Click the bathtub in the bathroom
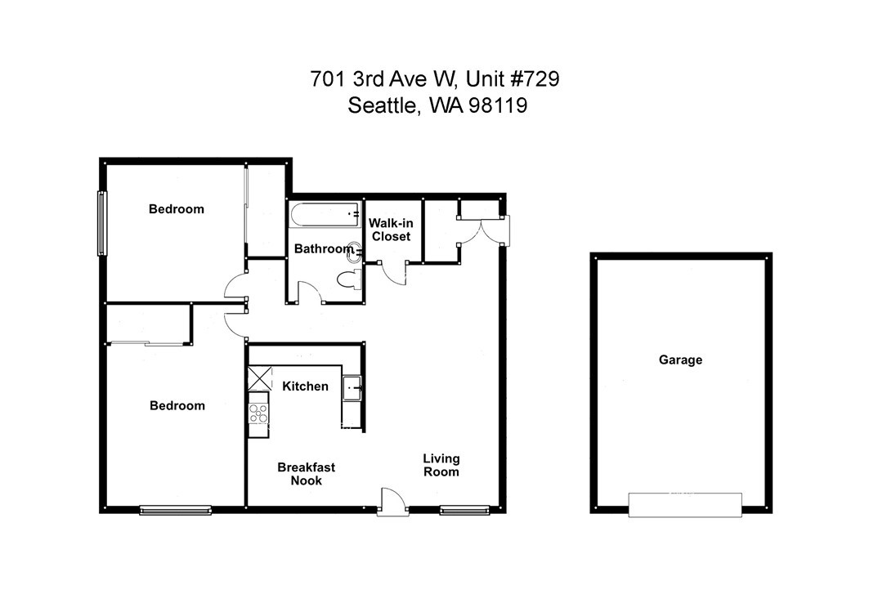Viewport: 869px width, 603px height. pyautogui.click(x=325, y=215)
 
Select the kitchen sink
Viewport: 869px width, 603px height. pyautogui.click(x=352, y=388)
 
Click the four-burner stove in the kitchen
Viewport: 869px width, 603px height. pyautogui.click(x=258, y=414)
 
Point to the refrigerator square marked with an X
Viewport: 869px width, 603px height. pyautogui.click(x=260, y=378)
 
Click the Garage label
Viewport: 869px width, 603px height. pyautogui.click(x=680, y=360)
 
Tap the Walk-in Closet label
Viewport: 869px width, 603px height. pyautogui.click(x=391, y=230)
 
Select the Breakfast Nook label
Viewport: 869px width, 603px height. pyautogui.click(x=306, y=473)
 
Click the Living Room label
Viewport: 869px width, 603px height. pyautogui.click(x=441, y=465)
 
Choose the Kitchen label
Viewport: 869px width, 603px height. pyautogui.click(x=305, y=386)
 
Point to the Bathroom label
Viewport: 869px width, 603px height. pyautogui.click(x=323, y=248)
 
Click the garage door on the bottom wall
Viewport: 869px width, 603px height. pyautogui.click(x=685, y=505)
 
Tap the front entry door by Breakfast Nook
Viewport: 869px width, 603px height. pyautogui.click(x=392, y=502)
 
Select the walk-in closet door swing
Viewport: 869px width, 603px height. pyautogui.click(x=393, y=273)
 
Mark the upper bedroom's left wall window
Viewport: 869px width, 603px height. pyautogui.click(x=102, y=223)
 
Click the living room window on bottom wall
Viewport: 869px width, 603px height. pyautogui.click(x=464, y=510)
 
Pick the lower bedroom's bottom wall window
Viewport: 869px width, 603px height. pyautogui.click(x=175, y=510)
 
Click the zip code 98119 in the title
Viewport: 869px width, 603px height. pyautogui.click(x=498, y=105)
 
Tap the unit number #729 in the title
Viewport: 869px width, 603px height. pyautogui.click(x=535, y=78)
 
